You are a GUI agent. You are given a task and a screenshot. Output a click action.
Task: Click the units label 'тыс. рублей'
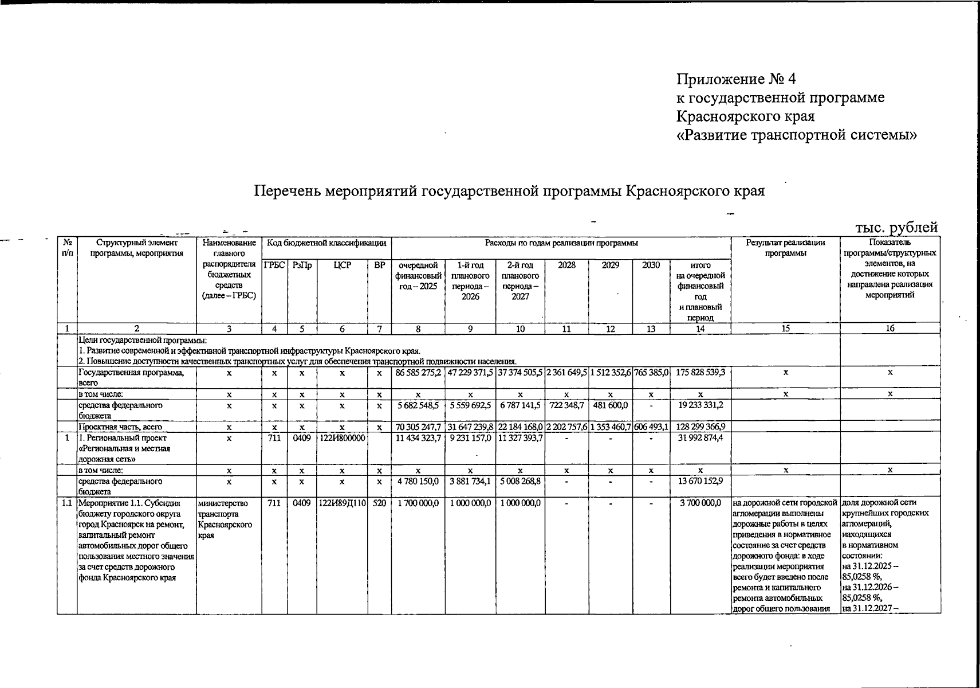click(x=896, y=228)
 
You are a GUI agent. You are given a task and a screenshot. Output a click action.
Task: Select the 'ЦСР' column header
click(x=341, y=265)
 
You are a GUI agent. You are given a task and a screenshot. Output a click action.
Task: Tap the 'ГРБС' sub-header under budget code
click(x=274, y=265)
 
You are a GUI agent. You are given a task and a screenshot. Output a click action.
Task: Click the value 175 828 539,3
click(x=700, y=373)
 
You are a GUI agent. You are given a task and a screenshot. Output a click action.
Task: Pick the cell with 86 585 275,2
click(x=418, y=373)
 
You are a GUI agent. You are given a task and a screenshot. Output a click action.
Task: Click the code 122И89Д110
click(x=341, y=503)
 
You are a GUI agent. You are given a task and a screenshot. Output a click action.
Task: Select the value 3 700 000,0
click(x=700, y=503)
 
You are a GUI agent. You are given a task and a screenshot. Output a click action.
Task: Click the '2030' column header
click(x=651, y=265)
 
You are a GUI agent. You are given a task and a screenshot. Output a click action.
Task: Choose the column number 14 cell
click(x=700, y=329)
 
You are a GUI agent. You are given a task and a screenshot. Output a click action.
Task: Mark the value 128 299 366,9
click(x=700, y=427)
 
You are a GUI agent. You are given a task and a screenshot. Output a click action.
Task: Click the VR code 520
click(x=379, y=503)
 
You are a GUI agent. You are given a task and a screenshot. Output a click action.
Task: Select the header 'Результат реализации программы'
click(x=785, y=248)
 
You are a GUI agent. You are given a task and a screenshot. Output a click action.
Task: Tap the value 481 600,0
click(x=611, y=405)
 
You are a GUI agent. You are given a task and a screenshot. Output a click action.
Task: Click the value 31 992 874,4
click(x=700, y=438)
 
